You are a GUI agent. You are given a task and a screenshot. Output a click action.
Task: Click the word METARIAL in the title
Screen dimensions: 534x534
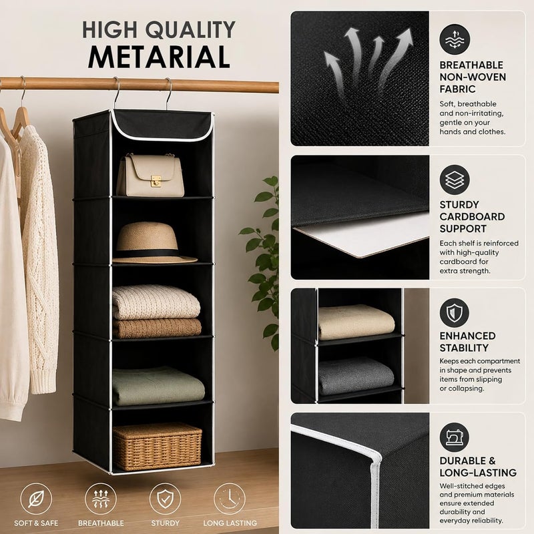[159, 57]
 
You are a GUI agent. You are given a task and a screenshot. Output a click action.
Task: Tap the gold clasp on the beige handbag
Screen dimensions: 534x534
[156, 181]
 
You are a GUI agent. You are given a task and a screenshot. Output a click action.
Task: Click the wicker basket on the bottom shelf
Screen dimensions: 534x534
[157, 446]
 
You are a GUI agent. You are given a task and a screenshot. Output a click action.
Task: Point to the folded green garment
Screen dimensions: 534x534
[158, 386]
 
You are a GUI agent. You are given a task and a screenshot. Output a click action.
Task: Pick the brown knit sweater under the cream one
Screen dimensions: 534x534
[157, 328]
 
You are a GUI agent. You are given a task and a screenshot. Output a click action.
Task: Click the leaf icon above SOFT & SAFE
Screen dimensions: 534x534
[36, 499]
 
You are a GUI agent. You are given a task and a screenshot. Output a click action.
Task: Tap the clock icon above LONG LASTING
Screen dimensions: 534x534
[230, 499]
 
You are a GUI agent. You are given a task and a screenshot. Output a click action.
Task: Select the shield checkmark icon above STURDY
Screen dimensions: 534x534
[165, 499]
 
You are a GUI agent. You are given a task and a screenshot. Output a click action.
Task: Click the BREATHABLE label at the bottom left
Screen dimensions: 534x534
[101, 523]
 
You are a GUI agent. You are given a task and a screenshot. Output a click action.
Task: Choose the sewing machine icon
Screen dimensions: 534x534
[455, 437]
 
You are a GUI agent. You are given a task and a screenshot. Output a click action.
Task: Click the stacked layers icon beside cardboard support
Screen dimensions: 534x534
[455, 180]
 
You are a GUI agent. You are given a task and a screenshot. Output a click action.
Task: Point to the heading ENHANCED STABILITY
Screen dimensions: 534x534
[467, 342]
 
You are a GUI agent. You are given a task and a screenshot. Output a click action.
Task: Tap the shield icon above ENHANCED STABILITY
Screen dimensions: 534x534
[455, 313]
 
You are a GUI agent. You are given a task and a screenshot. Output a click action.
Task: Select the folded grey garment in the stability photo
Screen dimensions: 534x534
[356, 376]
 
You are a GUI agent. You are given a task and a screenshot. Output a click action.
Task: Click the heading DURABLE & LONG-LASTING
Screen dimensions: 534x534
[478, 467]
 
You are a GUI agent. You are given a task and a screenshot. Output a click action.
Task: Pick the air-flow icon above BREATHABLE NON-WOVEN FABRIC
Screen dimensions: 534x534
[455, 39]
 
